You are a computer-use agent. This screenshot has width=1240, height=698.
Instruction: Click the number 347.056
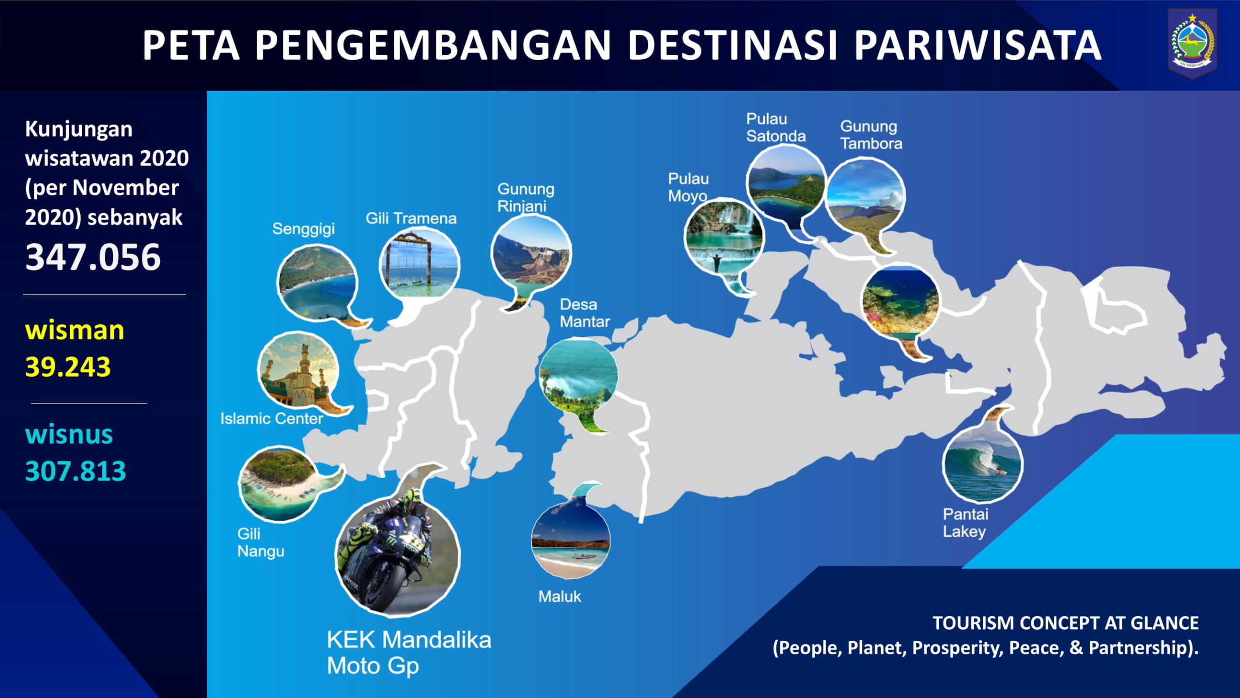tap(93, 257)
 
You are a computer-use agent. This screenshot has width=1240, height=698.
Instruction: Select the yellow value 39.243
tap(68, 367)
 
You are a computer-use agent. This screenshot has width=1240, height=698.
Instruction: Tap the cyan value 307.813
tap(76, 471)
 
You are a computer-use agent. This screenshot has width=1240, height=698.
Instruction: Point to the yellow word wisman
tap(75, 331)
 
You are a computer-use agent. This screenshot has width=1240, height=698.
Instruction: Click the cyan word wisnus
tap(69, 434)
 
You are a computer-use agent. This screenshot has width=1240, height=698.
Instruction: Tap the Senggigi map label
tap(303, 229)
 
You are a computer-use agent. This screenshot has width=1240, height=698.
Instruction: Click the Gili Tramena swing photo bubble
tap(419, 264)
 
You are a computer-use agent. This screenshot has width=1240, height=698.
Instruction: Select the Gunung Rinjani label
tap(526, 197)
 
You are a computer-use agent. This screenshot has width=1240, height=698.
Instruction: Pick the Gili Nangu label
tap(261, 542)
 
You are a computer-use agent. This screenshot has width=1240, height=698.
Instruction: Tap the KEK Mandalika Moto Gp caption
tap(409, 652)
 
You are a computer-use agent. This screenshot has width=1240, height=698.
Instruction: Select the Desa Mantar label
tap(585, 313)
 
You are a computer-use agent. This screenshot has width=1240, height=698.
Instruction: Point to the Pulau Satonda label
tap(775, 127)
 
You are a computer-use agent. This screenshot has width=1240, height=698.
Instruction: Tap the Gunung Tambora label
tap(871, 135)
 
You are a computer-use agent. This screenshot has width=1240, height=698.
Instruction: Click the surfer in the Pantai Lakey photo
tap(1000, 470)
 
